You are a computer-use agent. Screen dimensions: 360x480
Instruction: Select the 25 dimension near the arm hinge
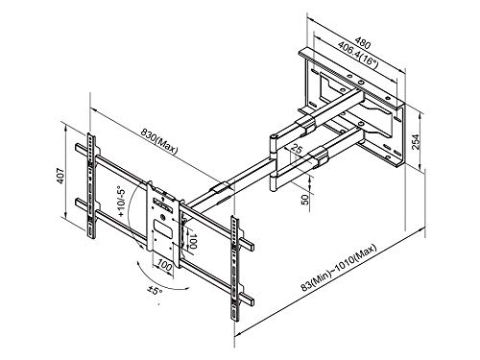[x=298, y=150]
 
